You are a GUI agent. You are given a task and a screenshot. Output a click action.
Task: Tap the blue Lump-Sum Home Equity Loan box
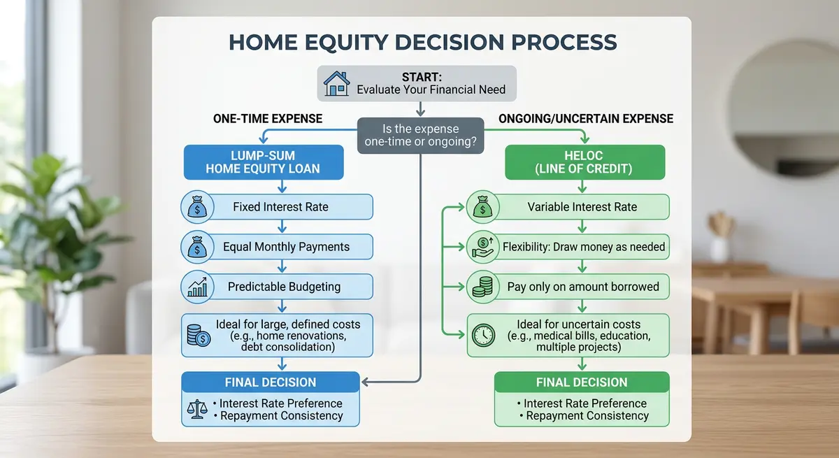(x=264, y=162)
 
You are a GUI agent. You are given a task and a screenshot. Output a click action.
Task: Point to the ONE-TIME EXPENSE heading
(x=268, y=119)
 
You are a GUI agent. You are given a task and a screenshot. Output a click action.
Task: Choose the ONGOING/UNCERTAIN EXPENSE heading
(x=586, y=119)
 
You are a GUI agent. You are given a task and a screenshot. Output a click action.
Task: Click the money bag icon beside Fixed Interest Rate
(x=195, y=208)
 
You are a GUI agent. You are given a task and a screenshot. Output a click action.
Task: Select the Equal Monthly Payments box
(x=285, y=247)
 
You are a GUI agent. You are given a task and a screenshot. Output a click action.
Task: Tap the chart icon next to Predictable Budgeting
(x=195, y=286)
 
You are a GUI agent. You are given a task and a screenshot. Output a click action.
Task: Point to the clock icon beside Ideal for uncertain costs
(x=482, y=334)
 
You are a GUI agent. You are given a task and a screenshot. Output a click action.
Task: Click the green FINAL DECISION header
(x=582, y=382)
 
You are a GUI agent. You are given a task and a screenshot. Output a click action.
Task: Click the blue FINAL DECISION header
(x=270, y=382)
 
